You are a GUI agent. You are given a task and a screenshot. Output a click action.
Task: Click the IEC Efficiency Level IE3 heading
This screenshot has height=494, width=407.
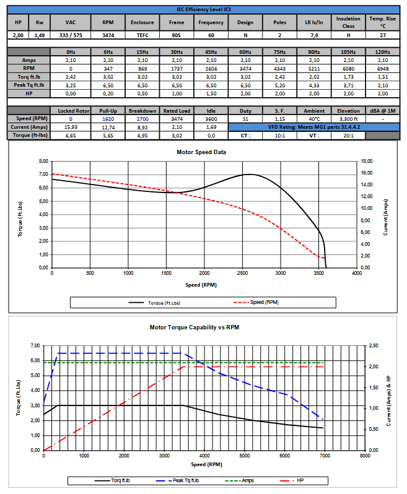[203, 10]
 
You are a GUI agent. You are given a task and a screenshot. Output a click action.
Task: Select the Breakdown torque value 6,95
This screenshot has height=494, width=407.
[141, 135]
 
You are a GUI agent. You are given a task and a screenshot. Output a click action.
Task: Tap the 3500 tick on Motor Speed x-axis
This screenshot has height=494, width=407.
[318, 273]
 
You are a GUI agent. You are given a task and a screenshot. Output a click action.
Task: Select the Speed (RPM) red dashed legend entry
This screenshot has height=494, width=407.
[254, 303]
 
